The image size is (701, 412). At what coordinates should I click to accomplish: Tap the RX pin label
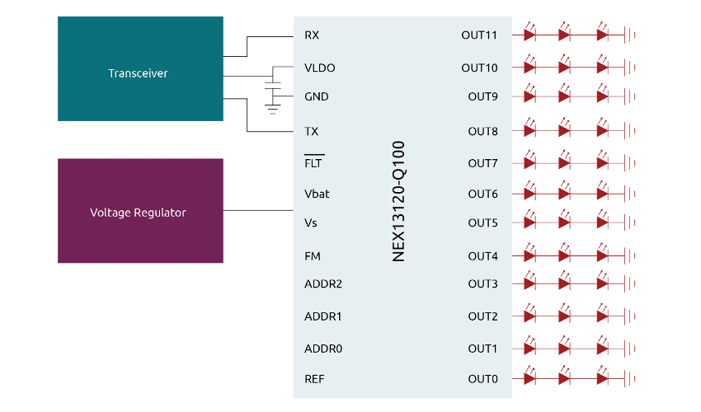point(312,35)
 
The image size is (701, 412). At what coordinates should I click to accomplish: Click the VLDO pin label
point(320,68)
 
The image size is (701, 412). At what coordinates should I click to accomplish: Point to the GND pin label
point(317,96)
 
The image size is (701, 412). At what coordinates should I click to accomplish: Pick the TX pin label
point(312,131)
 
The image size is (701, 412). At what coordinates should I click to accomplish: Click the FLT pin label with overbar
point(314,163)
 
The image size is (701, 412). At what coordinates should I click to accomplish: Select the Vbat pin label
point(318,194)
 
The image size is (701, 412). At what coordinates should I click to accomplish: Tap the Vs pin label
point(311,222)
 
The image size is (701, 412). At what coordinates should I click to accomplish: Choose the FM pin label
point(313,256)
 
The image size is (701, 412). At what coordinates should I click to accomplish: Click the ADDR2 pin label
point(323,283)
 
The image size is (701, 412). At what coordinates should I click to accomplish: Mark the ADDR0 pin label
point(323,349)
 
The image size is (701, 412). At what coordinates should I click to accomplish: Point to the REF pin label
point(313,379)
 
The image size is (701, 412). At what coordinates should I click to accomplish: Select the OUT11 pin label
point(479,35)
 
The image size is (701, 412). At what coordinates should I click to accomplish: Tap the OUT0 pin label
point(482,379)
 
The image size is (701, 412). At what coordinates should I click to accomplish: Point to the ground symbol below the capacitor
point(272,107)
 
